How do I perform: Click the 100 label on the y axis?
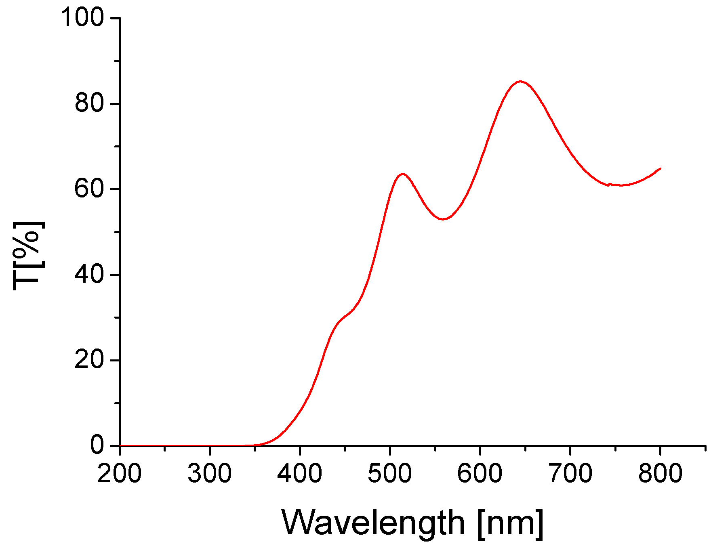82,18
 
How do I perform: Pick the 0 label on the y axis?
97,445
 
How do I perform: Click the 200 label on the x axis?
120,473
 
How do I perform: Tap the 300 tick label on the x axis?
210,473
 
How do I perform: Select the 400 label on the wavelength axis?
300,473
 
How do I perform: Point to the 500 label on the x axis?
390,473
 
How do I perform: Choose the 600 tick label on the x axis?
480,473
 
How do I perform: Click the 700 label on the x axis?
570,473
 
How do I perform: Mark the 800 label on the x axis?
660,473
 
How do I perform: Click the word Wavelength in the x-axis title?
373,523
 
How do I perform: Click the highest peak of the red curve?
520,81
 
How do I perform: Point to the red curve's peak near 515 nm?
402,174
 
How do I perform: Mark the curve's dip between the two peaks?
443,219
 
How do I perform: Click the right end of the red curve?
660,168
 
